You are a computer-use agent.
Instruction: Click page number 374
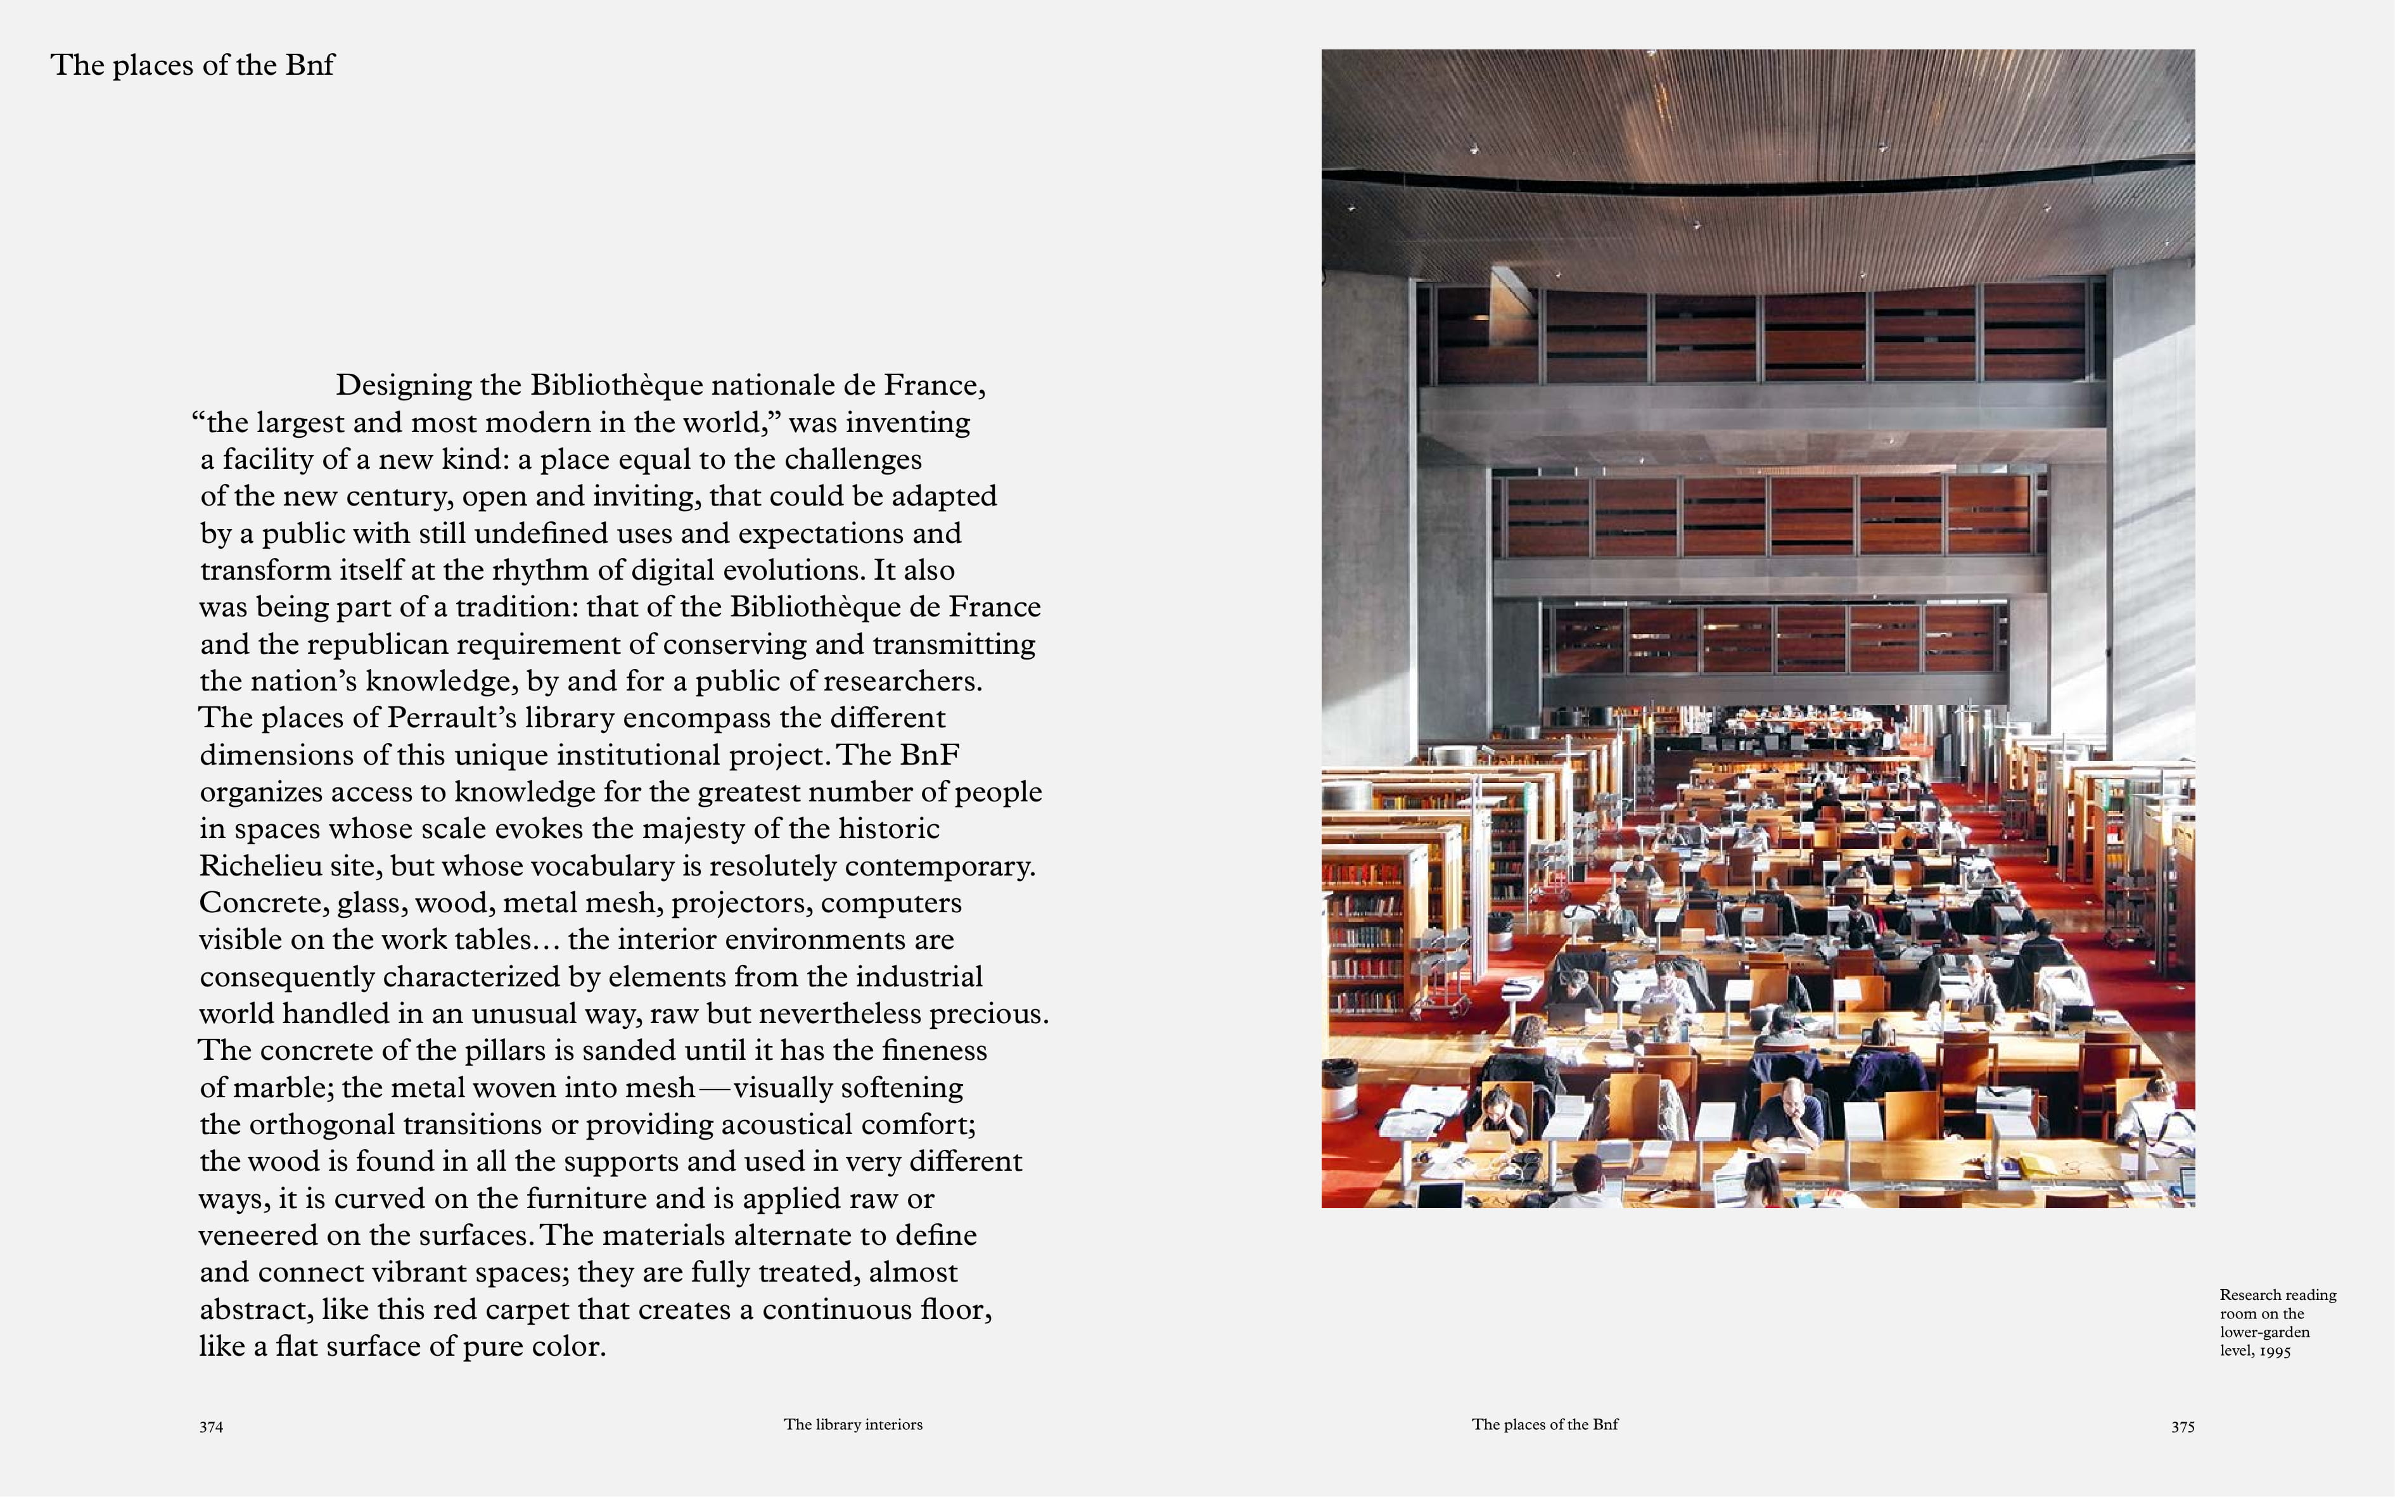click(211, 1427)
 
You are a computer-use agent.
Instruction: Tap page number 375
click(2182, 1427)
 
